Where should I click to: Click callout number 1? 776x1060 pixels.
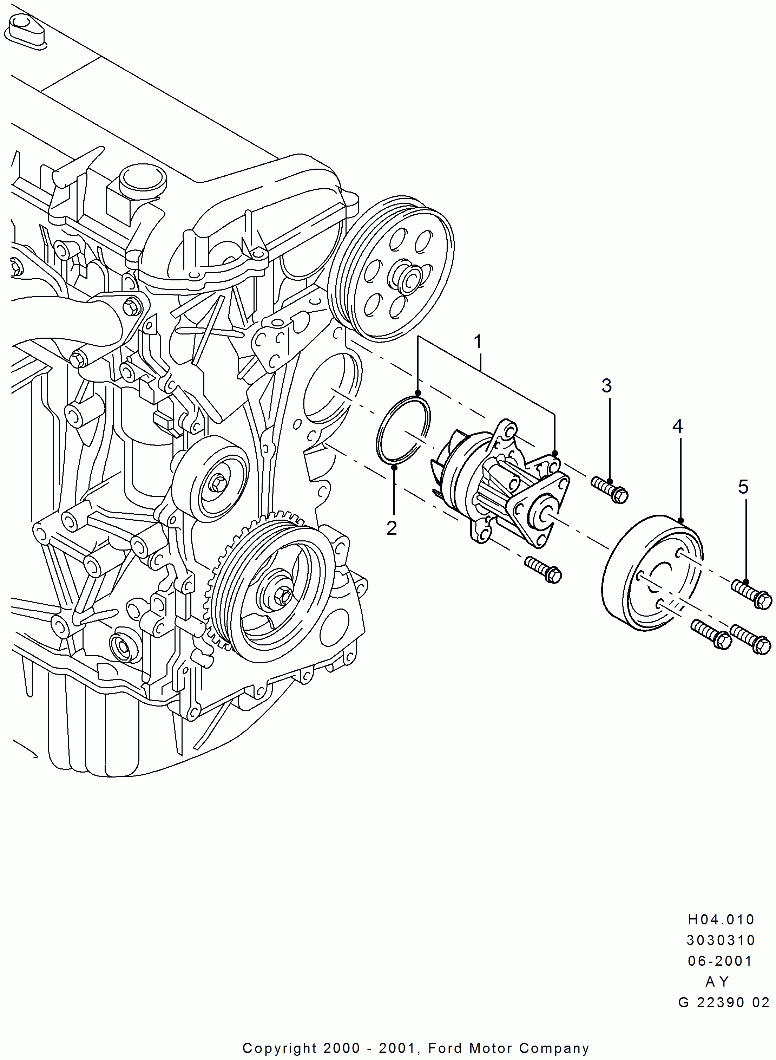(478, 342)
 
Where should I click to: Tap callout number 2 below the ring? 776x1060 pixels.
(392, 527)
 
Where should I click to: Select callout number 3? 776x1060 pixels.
(606, 386)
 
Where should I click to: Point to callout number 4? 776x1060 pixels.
(677, 426)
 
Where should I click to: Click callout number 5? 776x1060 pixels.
(743, 487)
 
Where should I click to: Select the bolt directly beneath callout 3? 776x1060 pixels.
(610, 490)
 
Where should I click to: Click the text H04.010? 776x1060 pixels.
(721, 919)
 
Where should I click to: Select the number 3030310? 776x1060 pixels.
(721, 940)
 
